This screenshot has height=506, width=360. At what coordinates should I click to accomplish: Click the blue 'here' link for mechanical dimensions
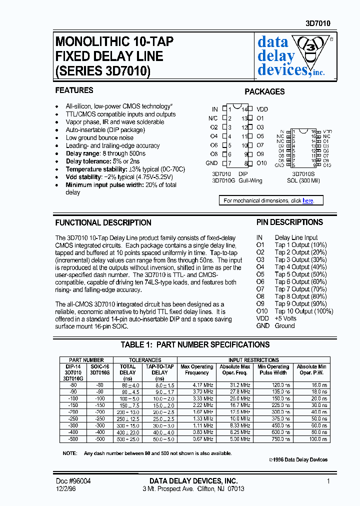[x=308, y=200]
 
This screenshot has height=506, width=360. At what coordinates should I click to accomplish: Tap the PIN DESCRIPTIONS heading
[x=289, y=222]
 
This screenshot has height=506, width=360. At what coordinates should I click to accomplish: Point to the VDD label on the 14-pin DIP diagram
[x=262, y=109]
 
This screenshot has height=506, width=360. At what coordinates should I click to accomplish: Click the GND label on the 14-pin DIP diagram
[x=211, y=163]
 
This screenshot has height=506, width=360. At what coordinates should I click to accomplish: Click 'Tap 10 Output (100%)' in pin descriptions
[x=304, y=311]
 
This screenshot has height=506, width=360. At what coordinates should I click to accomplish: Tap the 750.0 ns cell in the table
[x=273, y=439]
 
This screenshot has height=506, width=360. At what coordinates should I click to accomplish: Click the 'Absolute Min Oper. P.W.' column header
[x=311, y=369]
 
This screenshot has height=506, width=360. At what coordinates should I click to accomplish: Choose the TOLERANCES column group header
[x=145, y=360]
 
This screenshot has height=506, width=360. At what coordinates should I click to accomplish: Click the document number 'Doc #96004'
[x=73, y=480]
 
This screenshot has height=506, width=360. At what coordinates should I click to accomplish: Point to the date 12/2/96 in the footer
[x=66, y=488]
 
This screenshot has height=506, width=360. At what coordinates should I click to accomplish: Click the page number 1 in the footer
[x=328, y=480]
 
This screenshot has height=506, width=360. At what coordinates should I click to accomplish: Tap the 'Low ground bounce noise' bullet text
[x=99, y=138]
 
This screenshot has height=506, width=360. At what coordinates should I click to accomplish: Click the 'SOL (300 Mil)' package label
[x=303, y=180]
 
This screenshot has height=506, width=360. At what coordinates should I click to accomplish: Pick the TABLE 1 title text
[x=195, y=344]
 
